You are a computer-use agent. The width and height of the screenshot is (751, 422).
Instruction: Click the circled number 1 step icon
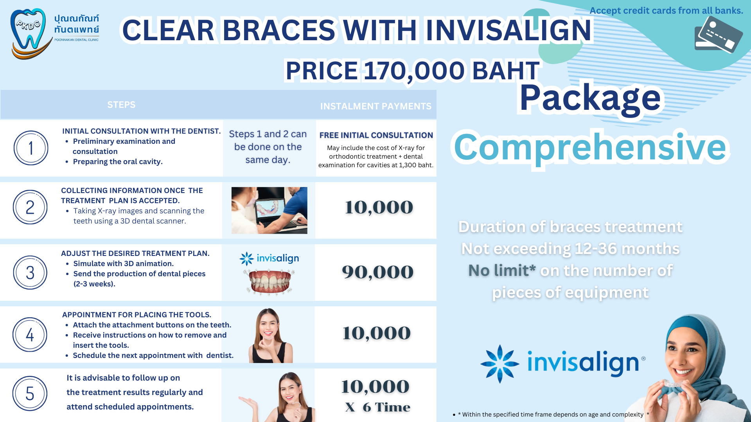point(31,148)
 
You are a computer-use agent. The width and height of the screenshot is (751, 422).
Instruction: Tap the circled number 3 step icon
point(30,272)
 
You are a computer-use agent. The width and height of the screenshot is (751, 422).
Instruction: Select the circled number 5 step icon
point(30,393)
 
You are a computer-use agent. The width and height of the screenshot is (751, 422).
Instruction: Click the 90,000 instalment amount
point(377,272)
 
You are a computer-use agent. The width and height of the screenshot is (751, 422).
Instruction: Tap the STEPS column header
point(121,105)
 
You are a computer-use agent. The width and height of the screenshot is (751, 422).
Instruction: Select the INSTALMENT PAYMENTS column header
point(376,106)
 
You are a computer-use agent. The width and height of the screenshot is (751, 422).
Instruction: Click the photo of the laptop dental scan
point(269,210)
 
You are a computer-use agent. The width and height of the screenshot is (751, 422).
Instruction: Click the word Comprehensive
point(590,148)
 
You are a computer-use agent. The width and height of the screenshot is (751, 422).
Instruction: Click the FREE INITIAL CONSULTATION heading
point(376,135)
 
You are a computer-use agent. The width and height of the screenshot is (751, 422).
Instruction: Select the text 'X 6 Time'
point(377,407)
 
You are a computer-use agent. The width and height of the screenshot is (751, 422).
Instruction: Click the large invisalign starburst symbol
point(500,364)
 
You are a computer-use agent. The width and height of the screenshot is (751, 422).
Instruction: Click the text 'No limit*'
point(502,270)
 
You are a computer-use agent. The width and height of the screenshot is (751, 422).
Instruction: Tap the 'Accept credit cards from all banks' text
point(666,11)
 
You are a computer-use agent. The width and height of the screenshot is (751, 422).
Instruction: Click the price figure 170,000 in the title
point(414,71)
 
